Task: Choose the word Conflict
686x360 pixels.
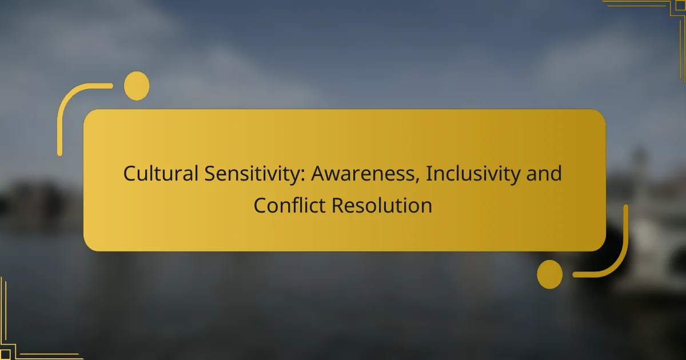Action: coord(289,205)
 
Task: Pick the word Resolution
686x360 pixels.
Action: coord(382,205)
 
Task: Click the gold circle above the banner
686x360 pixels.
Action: coord(137,86)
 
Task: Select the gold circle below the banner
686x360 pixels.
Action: coord(550,274)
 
